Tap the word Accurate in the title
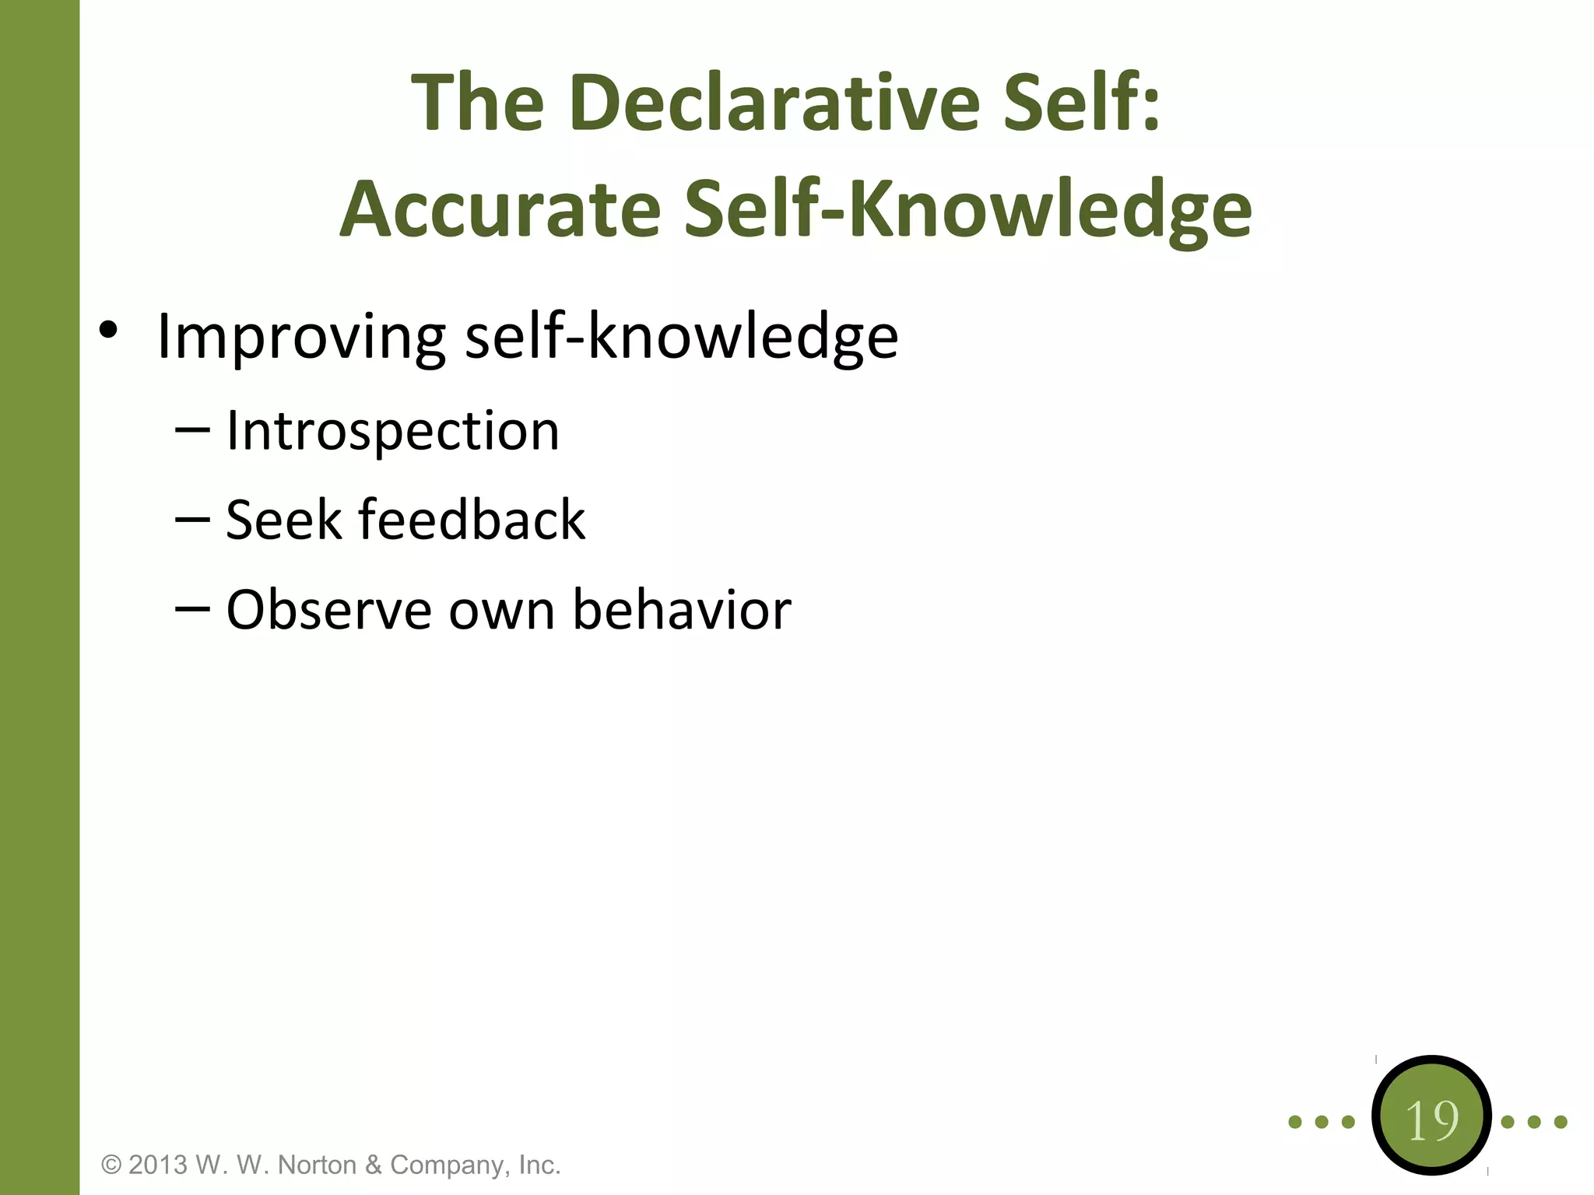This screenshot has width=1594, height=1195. point(500,209)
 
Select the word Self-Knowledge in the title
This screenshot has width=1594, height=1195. point(968,209)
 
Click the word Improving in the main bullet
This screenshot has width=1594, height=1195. point(300,337)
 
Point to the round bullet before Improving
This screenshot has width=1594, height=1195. point(108,330)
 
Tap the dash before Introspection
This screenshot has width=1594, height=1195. point(192,429)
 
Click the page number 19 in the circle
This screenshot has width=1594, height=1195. point(1432,1121)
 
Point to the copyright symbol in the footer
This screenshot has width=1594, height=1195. point(112,1165)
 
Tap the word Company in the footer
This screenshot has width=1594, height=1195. point(450,1165)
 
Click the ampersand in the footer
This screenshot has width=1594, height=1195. point(373,1165)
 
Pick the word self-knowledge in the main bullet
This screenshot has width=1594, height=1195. point(681,337)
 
